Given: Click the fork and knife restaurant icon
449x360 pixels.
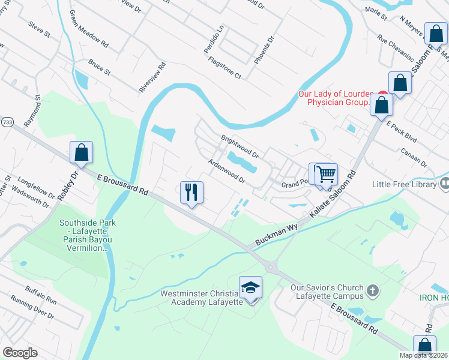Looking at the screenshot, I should pyautogui.click(x=191, y=193).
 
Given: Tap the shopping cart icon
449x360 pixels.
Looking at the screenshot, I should pyautogui.click(x=326, y=175).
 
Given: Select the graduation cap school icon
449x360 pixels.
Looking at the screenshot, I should pyautogui.click(x=250, y=289).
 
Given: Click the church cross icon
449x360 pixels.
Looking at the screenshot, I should pyautogui.click(x=372, y=291).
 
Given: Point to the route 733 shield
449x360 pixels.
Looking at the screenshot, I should pyautogui.click(x=4, y=121).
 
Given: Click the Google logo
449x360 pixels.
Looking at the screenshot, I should pyautogui.click(x=20, y=353).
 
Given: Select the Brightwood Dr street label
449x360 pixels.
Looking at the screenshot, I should pyautogui.click(x=240, y=146).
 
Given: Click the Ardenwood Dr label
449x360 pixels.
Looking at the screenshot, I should pyautogui.click(x=227, y=171).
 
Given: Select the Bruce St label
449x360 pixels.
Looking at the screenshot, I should pyautogui.click(x=99, y=67).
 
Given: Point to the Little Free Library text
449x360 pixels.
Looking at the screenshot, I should pyautogui.click(x=404, y=184).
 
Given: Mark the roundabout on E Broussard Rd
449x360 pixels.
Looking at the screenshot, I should pyautogui.click(x=271, y=267).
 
